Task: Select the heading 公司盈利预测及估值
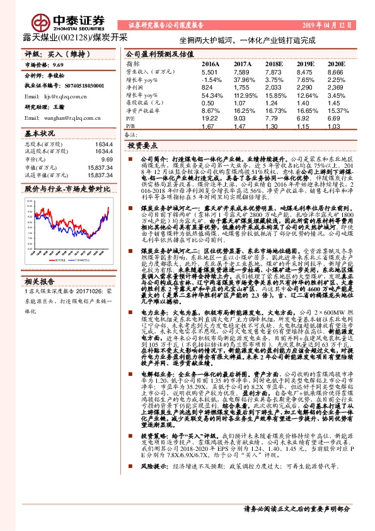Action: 155,54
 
